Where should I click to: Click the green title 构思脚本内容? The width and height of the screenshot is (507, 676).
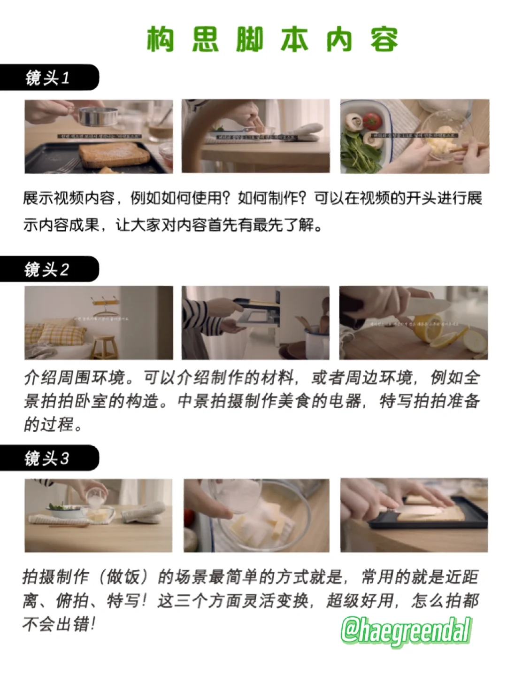[272, 39]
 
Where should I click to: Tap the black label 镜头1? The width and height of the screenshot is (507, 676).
[47, 78]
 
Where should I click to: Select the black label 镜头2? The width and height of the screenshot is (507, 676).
[47, 269]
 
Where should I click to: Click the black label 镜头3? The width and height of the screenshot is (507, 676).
[47, 458]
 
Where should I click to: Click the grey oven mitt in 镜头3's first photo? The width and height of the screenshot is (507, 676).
[143, 512]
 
